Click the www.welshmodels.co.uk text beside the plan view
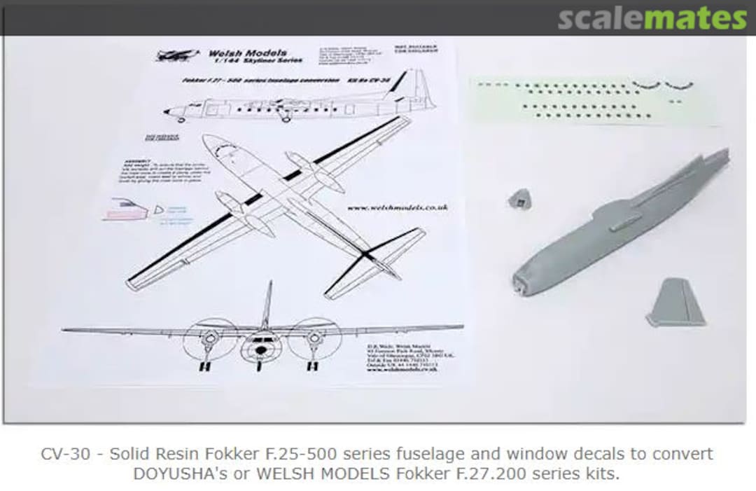[397, 207]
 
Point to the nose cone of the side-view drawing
[168, 111]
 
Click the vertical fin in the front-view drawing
[267, 305]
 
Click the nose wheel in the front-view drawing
[259, 364]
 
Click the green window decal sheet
[595, 100]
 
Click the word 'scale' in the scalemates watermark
[601, 18]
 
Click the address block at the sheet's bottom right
[402, 356]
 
